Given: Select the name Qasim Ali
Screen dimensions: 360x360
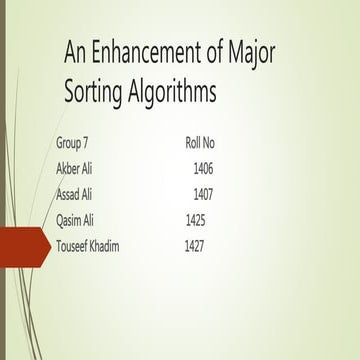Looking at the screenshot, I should pyautogui.click(x=79, y=219).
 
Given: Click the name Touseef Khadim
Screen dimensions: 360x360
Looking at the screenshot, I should pyautogui.click(x=101, y=246).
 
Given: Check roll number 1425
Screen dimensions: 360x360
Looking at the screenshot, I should pyautogui.click(x=196, y=219).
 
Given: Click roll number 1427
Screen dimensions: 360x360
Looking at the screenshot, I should pyautogui.click(x=194, y=246).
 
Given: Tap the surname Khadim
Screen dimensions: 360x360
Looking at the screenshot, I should pyautogui.click(x=123, y=246).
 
